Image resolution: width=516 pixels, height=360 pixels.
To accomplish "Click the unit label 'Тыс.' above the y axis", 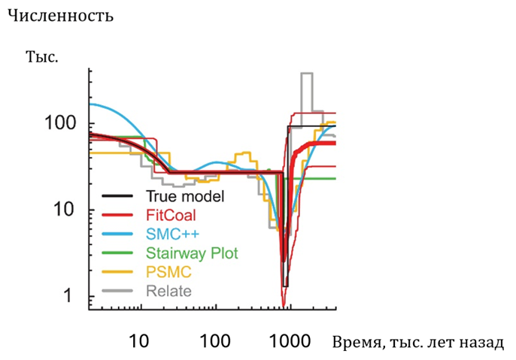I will pyautogui.click(x=42, y=56).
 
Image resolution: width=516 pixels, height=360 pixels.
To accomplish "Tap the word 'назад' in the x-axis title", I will pyautogui.click(x=479, y=343).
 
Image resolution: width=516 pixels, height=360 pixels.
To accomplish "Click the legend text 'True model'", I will pyautogui.click(x=186, y=197).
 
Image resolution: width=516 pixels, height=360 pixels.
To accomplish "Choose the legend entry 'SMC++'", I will pyautogui.click(x=169, y=234).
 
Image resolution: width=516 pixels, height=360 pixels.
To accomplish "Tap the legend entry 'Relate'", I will pyautogui.click(x=168, y=291).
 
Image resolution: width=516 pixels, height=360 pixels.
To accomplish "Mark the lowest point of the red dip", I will pyautogui.click(x=284, y=304).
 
